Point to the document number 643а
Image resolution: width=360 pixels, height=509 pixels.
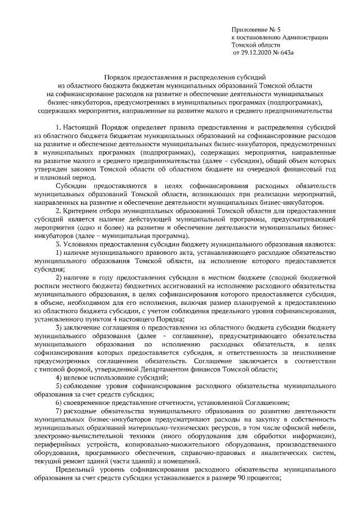pyautogui.click(x=287, y=53)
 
